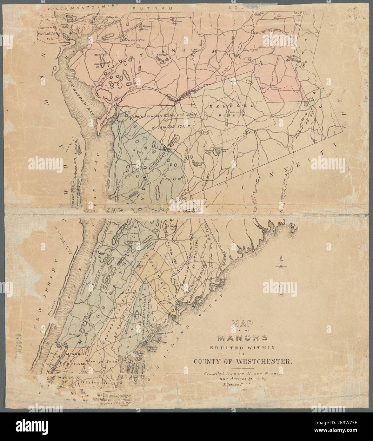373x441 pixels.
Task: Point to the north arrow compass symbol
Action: pos(281,275)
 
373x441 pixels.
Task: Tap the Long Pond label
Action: pos(291,56)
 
